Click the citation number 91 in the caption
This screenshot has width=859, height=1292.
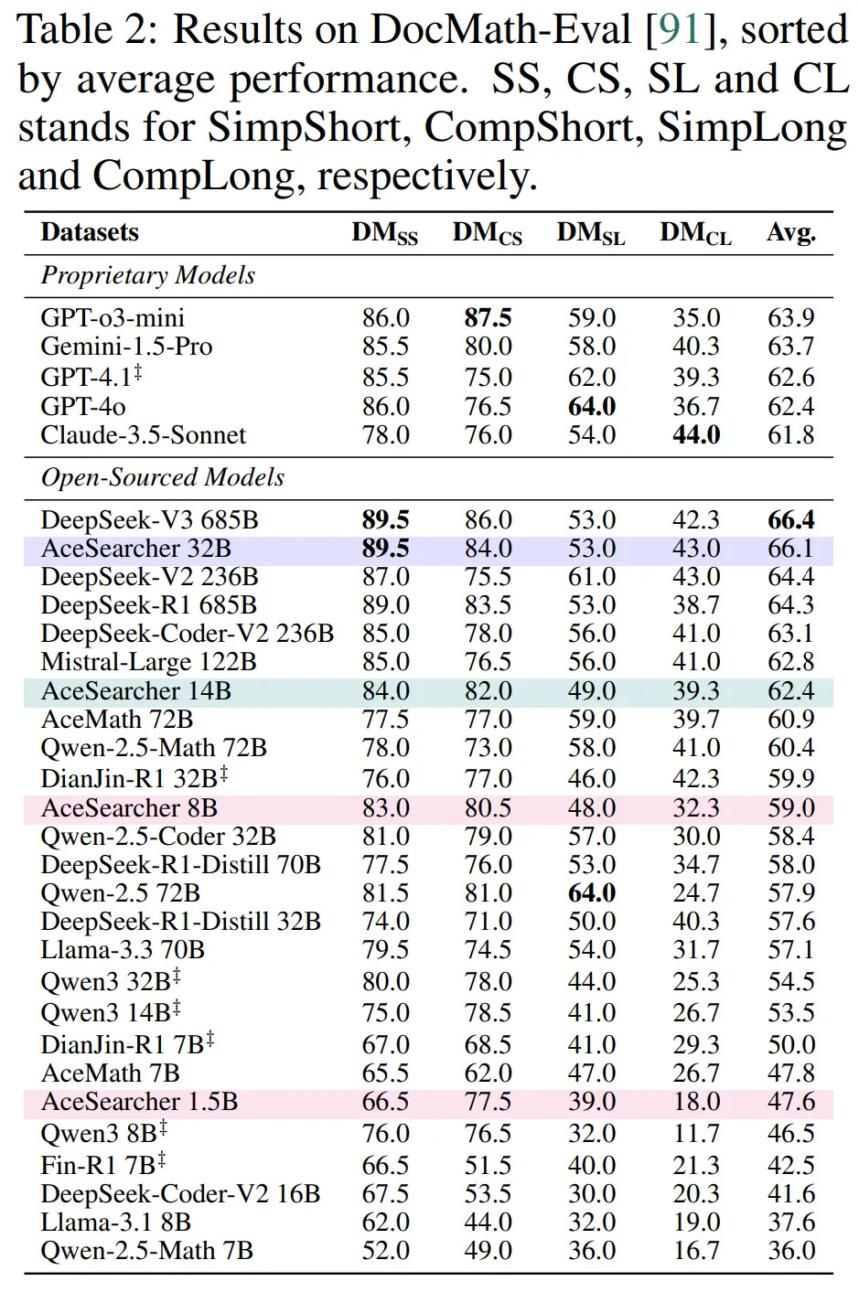(679, 30)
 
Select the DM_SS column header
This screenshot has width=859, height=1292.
(384, 234)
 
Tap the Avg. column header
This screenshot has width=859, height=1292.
(791, 233)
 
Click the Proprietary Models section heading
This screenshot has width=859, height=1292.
(148, 275)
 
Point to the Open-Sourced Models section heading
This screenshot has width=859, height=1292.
(163, 477)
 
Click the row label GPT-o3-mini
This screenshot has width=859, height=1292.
(113, 318)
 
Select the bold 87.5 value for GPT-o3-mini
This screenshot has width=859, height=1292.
(488, 318)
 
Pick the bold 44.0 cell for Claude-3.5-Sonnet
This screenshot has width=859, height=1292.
(696, 435)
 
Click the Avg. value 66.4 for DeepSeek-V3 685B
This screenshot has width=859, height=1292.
(791, 520)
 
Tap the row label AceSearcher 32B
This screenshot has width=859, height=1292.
(136, 549)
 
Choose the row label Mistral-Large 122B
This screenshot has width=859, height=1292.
(149, 662)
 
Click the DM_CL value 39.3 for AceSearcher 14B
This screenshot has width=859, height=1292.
(696, 691)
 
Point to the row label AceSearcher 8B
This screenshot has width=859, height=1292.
(129, 808)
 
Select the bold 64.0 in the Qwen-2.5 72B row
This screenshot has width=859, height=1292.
(592, 893)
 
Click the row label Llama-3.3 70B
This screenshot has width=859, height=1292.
(123, 950)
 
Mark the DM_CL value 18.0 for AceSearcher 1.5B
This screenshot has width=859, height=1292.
(696, 1102)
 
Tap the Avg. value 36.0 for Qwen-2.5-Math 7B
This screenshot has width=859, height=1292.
(791, 1251)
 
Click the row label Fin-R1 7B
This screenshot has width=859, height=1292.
(99, 1166)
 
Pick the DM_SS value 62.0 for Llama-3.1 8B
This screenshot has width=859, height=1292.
(385, 1223)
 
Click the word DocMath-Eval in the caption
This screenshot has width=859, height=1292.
(501, 30)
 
